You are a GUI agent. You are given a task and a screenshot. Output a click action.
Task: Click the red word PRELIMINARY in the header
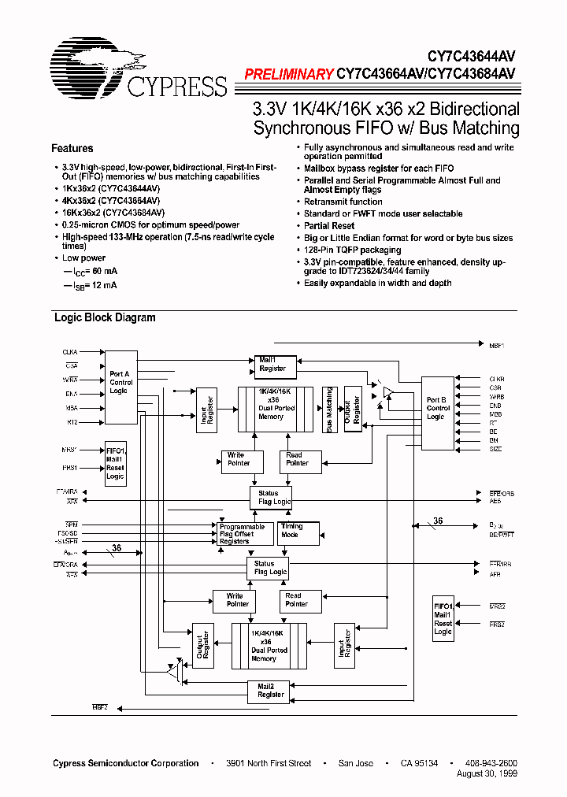(x=288, y=75)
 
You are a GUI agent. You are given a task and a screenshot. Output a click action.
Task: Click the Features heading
(x=72, y=148)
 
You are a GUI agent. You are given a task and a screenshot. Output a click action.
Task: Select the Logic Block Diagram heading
(x=104, y=318)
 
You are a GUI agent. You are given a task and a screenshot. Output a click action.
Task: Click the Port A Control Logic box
(x=120, y=382)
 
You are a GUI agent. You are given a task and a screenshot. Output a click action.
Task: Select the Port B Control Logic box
(x=438, y=408)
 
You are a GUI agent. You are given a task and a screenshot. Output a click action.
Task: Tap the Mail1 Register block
(x=272, y=364)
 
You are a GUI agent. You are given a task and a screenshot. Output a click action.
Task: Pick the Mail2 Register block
(x=271, y=691)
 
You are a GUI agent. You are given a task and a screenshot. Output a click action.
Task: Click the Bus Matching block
(x=329, y=410)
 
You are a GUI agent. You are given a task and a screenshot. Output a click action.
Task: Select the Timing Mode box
(x=291, y=531)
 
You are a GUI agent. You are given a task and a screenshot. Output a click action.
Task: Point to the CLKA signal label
(x=70, y=351)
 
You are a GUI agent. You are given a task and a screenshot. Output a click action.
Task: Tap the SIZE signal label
(x=495, y=449)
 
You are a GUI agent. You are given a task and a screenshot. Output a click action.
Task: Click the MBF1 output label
(x=496, y=344)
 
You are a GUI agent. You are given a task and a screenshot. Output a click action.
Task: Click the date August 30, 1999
(x=487, y=774)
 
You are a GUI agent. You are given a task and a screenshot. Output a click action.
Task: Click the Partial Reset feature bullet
(x=329, y=225)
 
